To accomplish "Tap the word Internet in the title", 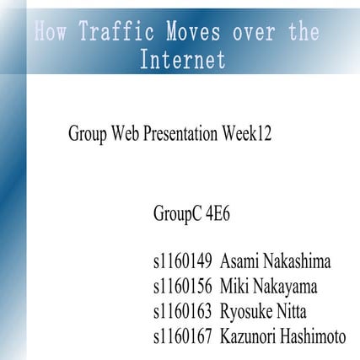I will pyautogui.click(x=183, y=60).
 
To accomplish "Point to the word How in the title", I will pyautogui.click(x=52, y=35).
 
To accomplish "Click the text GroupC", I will pyautogui.click(x=178, y=212).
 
